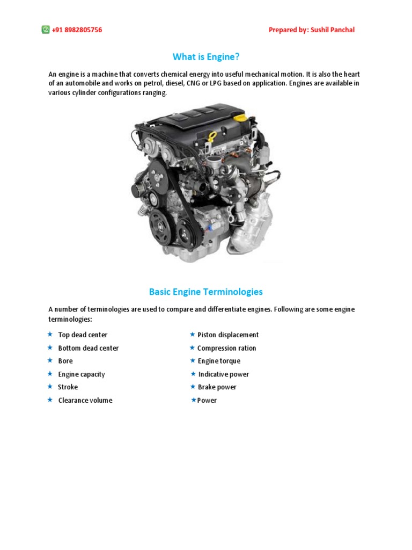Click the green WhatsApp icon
click(x=46, y=30)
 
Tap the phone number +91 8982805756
click(x=77, y=30)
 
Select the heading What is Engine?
click(x=205, y=56)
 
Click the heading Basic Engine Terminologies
click(x=205, y=292)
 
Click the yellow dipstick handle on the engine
click(x=212, y=134)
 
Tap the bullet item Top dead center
click(x=83, y=335)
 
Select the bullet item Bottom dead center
click(x=88, y=348)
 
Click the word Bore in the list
click(x=65, y=361)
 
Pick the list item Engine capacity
click(x=82, y=374)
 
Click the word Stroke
click(x=68, y=387)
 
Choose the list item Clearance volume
click(x=85, y=400)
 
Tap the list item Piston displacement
click(x=228, y=335)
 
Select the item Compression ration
click(x=227, y=348)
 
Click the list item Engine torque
click(x=219, y=361)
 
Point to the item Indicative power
click(x=224, y=374)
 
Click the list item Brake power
click(x=217, y=387)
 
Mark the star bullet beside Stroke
click(x=49, y=387)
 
